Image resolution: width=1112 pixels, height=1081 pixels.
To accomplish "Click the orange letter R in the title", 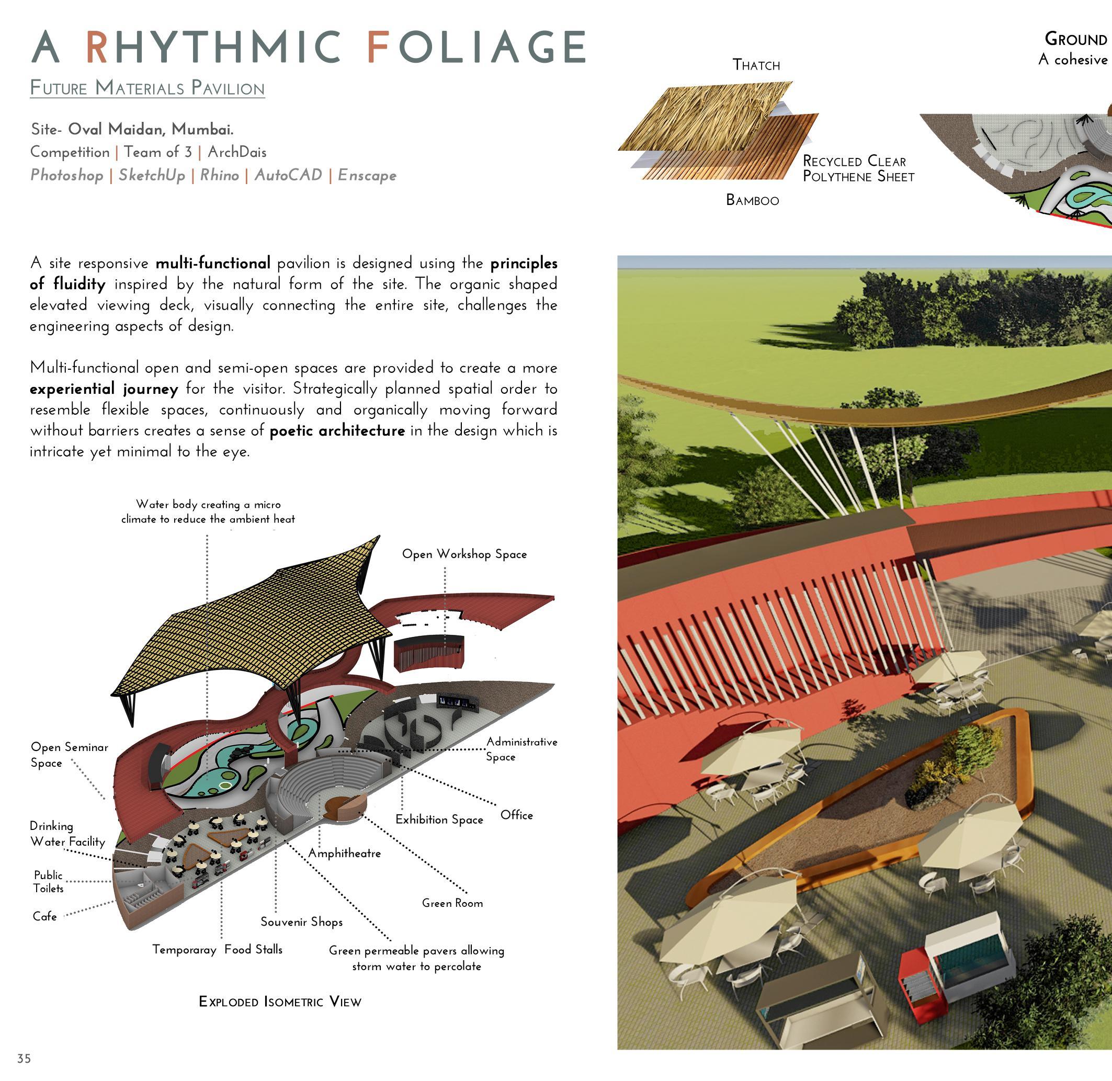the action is (97, 47).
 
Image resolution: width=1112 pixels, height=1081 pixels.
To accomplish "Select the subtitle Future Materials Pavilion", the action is (147, 88).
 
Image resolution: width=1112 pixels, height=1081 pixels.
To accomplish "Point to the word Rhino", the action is (219, 175).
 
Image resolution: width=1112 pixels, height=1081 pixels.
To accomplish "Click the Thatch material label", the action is (756, 65).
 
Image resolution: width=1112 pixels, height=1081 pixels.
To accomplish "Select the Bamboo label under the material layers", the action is (752, 200).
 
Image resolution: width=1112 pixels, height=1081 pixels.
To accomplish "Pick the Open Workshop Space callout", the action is (464, 554).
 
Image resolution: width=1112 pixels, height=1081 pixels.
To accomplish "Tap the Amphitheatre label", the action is (344, 854).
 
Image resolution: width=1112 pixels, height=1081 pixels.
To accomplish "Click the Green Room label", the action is (452, 903).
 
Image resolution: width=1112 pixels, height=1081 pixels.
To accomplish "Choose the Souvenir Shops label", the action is (302, 921).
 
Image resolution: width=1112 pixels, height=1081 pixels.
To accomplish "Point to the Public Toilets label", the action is (48, 882).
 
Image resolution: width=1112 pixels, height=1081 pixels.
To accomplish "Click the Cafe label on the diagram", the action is (44, 916).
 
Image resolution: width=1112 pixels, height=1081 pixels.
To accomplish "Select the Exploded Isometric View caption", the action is (280, 1002).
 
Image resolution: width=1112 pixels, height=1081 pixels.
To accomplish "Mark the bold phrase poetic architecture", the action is (337, 431).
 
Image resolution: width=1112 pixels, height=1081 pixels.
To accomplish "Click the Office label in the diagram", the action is (516, 815).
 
